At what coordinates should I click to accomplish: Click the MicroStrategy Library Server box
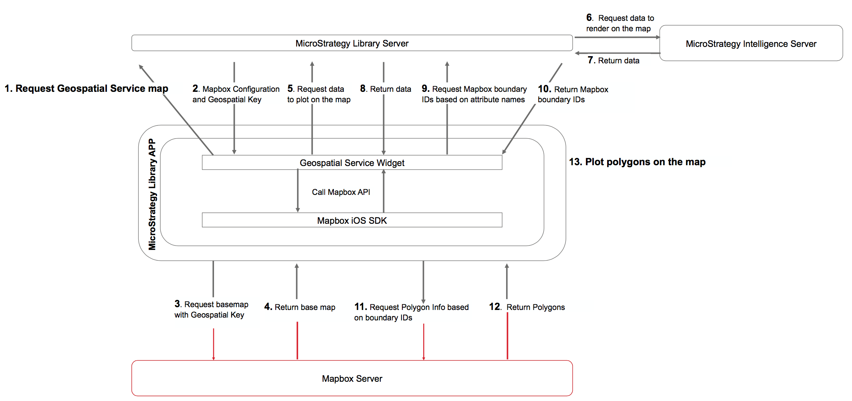point(352,43)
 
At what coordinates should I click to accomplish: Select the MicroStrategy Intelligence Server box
point(751,44)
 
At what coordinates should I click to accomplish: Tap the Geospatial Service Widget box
point(352,163)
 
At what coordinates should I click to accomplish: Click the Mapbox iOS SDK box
point(352,221)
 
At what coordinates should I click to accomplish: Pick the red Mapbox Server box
point(352,379)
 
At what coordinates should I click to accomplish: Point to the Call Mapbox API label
point(341,192)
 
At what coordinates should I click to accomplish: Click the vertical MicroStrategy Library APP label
point(152,194)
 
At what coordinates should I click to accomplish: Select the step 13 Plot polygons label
point(637,162)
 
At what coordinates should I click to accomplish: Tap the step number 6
point(589,17)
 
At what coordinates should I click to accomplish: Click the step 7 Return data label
point(614,61)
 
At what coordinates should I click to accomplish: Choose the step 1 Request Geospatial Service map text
point(87,89)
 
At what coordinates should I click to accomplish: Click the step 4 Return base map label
point(300,307)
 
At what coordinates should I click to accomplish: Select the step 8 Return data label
point(386,89)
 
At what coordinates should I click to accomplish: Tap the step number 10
point(544,89)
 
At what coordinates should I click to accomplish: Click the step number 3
point(177,304)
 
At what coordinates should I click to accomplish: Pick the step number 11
point(360,307)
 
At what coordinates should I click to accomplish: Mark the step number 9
point(425,89)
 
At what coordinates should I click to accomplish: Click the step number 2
point(195,89)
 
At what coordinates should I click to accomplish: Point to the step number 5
point(290,89)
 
